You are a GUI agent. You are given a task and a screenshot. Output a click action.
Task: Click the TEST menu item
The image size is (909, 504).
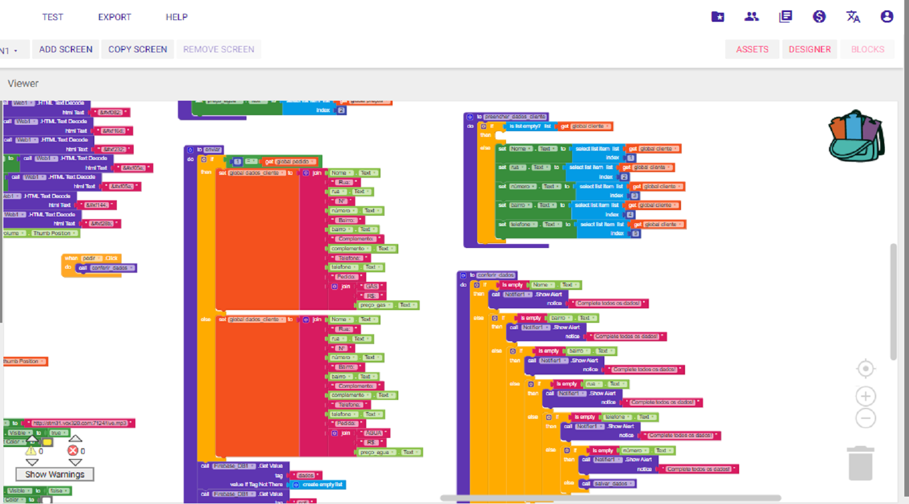(52, 17)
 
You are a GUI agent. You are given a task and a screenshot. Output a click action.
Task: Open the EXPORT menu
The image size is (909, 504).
(115, 17)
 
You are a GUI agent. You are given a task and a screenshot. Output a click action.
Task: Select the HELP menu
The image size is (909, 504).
(176, 17)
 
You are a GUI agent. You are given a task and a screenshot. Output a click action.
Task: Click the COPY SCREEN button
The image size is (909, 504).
(138, 49)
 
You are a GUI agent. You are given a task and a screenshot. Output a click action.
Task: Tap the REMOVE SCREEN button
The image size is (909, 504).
(219, 49)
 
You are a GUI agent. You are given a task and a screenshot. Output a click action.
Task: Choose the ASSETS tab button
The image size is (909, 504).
(752, 49)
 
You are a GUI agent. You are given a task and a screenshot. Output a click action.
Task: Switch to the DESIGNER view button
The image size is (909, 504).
(809, 49)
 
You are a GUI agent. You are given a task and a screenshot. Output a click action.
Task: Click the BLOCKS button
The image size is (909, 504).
(868, 49)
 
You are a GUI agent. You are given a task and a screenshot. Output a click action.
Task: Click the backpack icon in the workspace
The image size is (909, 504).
(856, 137)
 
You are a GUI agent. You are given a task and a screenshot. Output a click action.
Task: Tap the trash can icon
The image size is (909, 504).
(861, 463)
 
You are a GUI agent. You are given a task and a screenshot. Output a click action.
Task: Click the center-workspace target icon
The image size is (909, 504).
(865, 369)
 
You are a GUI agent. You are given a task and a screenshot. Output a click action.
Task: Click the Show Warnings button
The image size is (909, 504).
(55, 475)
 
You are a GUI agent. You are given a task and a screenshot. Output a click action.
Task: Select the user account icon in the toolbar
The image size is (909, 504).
(887, 17)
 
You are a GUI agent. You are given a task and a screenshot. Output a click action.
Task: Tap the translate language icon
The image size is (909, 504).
(853, 17)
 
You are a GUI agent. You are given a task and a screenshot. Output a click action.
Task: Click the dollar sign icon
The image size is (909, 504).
(819, 17)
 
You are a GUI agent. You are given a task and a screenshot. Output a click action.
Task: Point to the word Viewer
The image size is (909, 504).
(23, 83)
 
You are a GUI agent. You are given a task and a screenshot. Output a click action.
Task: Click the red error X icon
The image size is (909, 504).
(73, 450)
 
